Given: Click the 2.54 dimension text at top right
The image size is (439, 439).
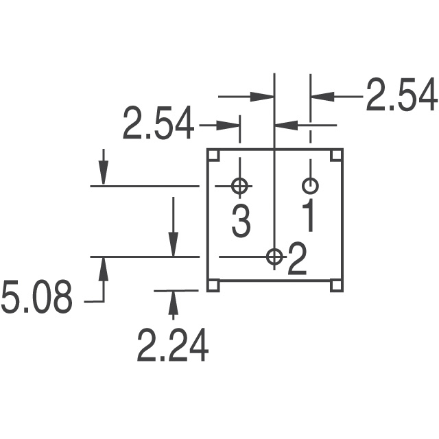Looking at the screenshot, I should tap(401, 96).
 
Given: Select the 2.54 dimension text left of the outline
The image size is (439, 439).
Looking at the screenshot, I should tap(158, 126).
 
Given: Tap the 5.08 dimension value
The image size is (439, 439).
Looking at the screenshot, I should tap(36, 299).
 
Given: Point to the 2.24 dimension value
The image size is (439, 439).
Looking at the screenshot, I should tap(173, 346).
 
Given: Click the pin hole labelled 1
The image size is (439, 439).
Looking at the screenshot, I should tap(310, 186).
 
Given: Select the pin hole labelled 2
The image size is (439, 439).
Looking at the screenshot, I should tap(274, 257).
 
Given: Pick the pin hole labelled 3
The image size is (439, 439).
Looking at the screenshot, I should tap(240, 186).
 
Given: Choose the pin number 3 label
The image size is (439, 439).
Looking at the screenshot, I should tap(241, 221).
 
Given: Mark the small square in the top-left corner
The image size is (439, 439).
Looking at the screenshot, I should tap(213, 155).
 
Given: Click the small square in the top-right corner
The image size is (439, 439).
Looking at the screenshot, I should tap(335, 155).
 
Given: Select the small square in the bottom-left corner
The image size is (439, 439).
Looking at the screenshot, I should tap(213, 285).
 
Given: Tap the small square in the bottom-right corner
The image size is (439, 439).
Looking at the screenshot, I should tap(335, 285).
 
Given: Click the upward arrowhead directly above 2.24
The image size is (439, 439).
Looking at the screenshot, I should tap(173, 300).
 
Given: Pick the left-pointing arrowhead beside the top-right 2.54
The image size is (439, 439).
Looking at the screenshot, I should tap(322, 96).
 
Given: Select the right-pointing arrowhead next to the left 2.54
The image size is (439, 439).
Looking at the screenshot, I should tap(229, 126).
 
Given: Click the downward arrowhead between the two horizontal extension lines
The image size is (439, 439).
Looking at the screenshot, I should tap(173, 244).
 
